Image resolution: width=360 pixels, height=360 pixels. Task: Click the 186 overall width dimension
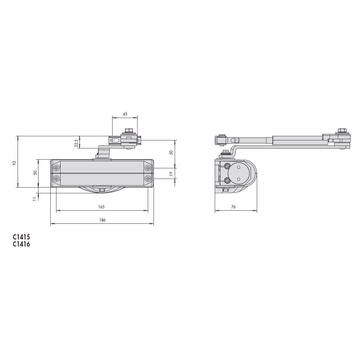[102, 220]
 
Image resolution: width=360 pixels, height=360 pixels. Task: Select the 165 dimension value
[101, 207]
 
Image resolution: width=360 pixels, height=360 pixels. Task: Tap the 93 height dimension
[14, 163]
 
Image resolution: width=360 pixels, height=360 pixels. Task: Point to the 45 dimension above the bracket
[125, 114]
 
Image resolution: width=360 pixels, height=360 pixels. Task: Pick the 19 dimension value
[171, 174]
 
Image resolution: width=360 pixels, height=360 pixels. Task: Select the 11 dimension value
[35, 199]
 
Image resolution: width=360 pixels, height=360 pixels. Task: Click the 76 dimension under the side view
[233, 207]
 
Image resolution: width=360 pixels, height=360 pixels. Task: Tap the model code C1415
[21, 237]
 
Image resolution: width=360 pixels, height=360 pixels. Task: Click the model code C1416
[21, 244]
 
